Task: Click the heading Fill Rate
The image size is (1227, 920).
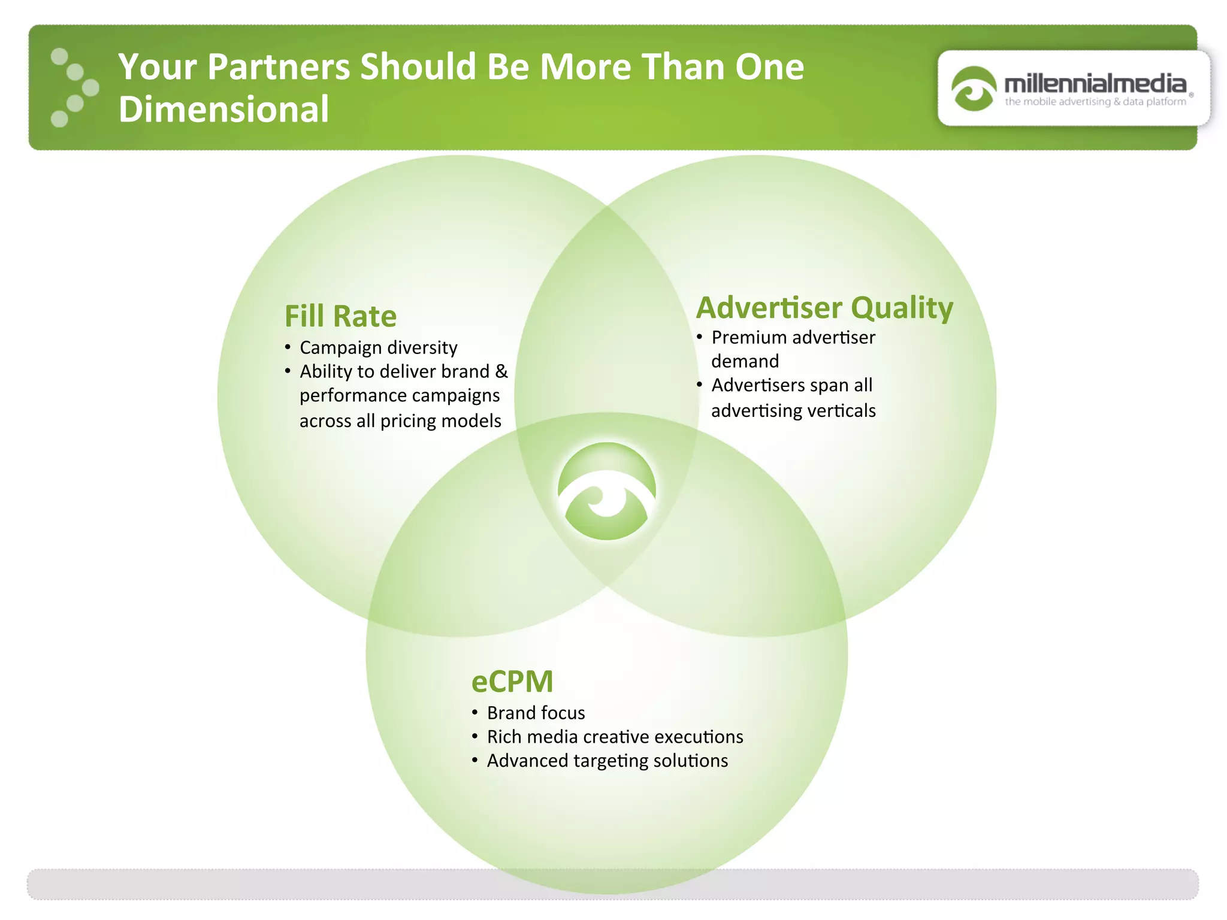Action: click(340, 316)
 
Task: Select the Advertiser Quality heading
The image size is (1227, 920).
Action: click(824, 308)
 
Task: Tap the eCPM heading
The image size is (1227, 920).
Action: click(512, 681)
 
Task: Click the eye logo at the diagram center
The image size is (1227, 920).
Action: click(607, 491)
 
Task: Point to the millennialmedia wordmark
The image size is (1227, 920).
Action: click(1095, 83)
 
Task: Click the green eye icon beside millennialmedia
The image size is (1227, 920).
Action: click(974, 89)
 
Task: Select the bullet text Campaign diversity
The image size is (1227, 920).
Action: click(378, 347)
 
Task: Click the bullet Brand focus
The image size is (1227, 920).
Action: click(536, 713)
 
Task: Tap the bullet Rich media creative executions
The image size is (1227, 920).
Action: click(615, 737)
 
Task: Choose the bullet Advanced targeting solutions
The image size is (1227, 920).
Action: click(607, 761)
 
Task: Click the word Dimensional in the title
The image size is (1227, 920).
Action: click(223, 109)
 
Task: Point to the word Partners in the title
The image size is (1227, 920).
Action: click(278, 66)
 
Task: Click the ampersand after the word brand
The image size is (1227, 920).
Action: click(501, 371)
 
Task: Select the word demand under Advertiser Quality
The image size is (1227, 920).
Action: click(745, 361)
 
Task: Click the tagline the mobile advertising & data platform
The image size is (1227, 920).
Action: click(1095, 102)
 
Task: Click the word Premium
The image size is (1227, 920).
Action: click(745, 337)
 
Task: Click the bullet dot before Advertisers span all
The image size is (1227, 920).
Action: click(699, 384)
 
